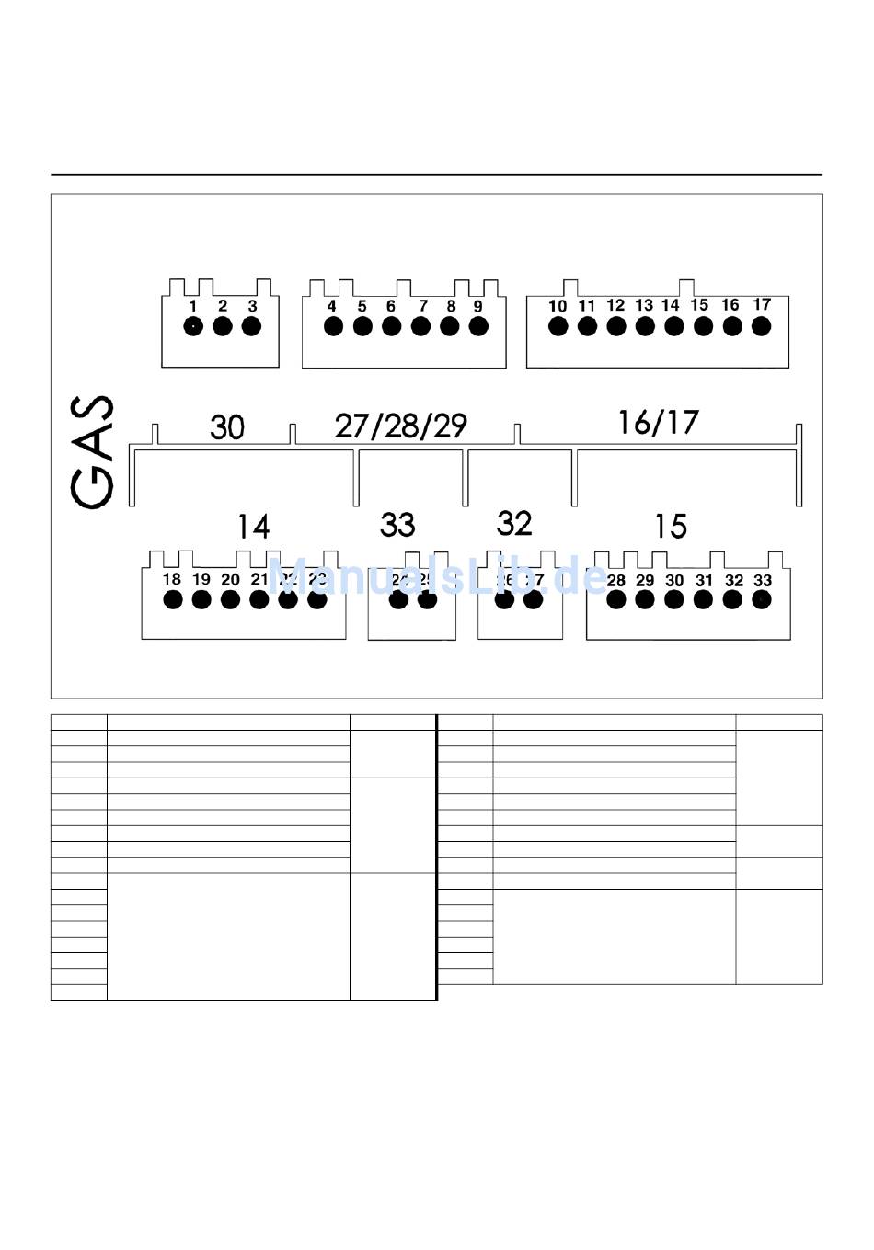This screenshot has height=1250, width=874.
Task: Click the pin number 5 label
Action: pos(362,306)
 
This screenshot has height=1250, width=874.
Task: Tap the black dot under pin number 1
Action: pos(193,325)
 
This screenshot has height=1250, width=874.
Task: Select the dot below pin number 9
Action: pos(478,325)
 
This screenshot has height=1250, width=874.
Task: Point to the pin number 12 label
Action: pos(615,305)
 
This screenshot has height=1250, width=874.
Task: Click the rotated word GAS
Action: pos(92,451)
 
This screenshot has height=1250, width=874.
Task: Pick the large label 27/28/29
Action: pos(401,426)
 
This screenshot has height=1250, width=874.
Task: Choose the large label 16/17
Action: pos(659,422)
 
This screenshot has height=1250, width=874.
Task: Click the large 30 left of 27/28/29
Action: pos(227,426)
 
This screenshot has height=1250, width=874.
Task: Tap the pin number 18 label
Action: pos(172,579)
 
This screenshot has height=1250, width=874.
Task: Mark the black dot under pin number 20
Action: pos(230,599)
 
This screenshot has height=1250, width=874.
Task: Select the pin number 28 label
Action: pos(615,580)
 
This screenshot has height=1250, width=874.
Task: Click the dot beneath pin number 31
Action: pos(703,599)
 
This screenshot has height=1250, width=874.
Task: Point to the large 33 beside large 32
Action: pos(397,525)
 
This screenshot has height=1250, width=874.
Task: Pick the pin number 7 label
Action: pos(422,306)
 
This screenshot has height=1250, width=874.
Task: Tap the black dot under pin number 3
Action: pos(251,325)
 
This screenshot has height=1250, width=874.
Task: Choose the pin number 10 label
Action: pos(558,306)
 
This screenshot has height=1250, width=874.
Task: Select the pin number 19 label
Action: pos(201,579)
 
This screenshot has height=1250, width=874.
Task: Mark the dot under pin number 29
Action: pos(645,599)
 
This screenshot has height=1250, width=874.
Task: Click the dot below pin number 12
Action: pos(615,325)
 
